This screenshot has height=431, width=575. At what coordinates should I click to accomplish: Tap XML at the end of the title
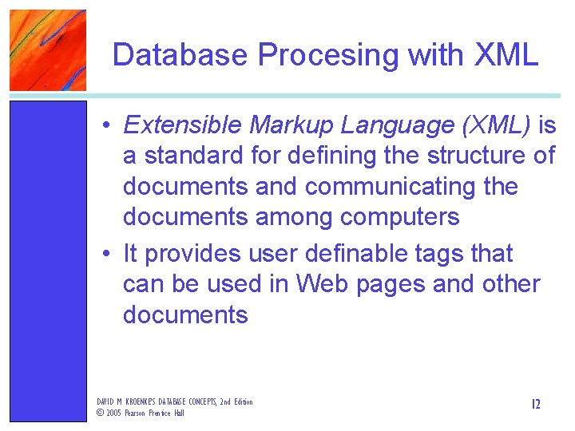pos(506,55)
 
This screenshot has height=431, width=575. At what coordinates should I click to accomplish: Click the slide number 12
pos(535,404)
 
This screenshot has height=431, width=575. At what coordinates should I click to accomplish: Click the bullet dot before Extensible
pos(106,126)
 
